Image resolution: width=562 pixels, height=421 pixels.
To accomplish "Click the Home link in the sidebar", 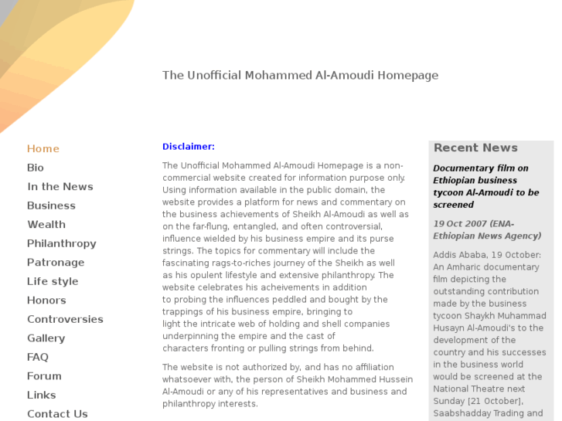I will point(43,149).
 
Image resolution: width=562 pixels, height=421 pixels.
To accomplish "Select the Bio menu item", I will point(36,168).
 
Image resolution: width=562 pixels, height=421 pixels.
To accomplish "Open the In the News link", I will point(60,187).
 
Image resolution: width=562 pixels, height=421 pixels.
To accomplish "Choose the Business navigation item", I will point(51,205).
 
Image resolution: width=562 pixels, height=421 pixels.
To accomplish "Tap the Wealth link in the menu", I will point(46,225).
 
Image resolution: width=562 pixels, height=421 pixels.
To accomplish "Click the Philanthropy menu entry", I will point(62,243).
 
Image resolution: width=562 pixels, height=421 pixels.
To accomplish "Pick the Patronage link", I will point(56,263).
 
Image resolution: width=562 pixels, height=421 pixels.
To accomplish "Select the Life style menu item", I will point(53,281).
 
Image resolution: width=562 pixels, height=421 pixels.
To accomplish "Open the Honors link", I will point(46,300).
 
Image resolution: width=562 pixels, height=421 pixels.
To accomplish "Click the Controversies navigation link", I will point(65,319).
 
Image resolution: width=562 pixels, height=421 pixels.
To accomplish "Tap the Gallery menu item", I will point(46,338).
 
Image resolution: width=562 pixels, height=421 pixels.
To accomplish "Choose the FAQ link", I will point(38,357).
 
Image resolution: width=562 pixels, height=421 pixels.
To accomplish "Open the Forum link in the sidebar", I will point(44,376).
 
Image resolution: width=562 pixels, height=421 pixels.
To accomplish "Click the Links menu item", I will point(42,395).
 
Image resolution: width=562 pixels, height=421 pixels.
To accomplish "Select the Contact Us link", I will point(57,414).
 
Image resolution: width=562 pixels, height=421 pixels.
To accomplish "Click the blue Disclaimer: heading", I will point(189,147).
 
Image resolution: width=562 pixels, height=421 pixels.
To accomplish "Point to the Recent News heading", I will point(475,148).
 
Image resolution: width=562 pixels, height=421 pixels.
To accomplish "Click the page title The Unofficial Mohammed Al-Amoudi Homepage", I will point(300,76).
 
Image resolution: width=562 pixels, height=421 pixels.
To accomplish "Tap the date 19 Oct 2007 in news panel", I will point(461,224).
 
